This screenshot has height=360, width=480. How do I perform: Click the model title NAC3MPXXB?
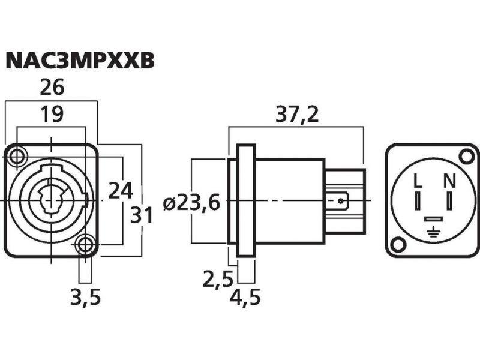pos(80,61)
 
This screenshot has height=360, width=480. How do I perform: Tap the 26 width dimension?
pos(52,88)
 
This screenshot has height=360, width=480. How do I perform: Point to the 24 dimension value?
pos(121,190)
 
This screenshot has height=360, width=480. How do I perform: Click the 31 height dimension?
pos(142,214)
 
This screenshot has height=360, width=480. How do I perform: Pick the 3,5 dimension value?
pos(85,297)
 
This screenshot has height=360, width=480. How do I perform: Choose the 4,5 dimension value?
pos(245,297)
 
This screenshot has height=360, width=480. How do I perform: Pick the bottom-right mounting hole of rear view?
pos(397,244)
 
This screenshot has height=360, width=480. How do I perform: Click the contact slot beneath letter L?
pos(418,197)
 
